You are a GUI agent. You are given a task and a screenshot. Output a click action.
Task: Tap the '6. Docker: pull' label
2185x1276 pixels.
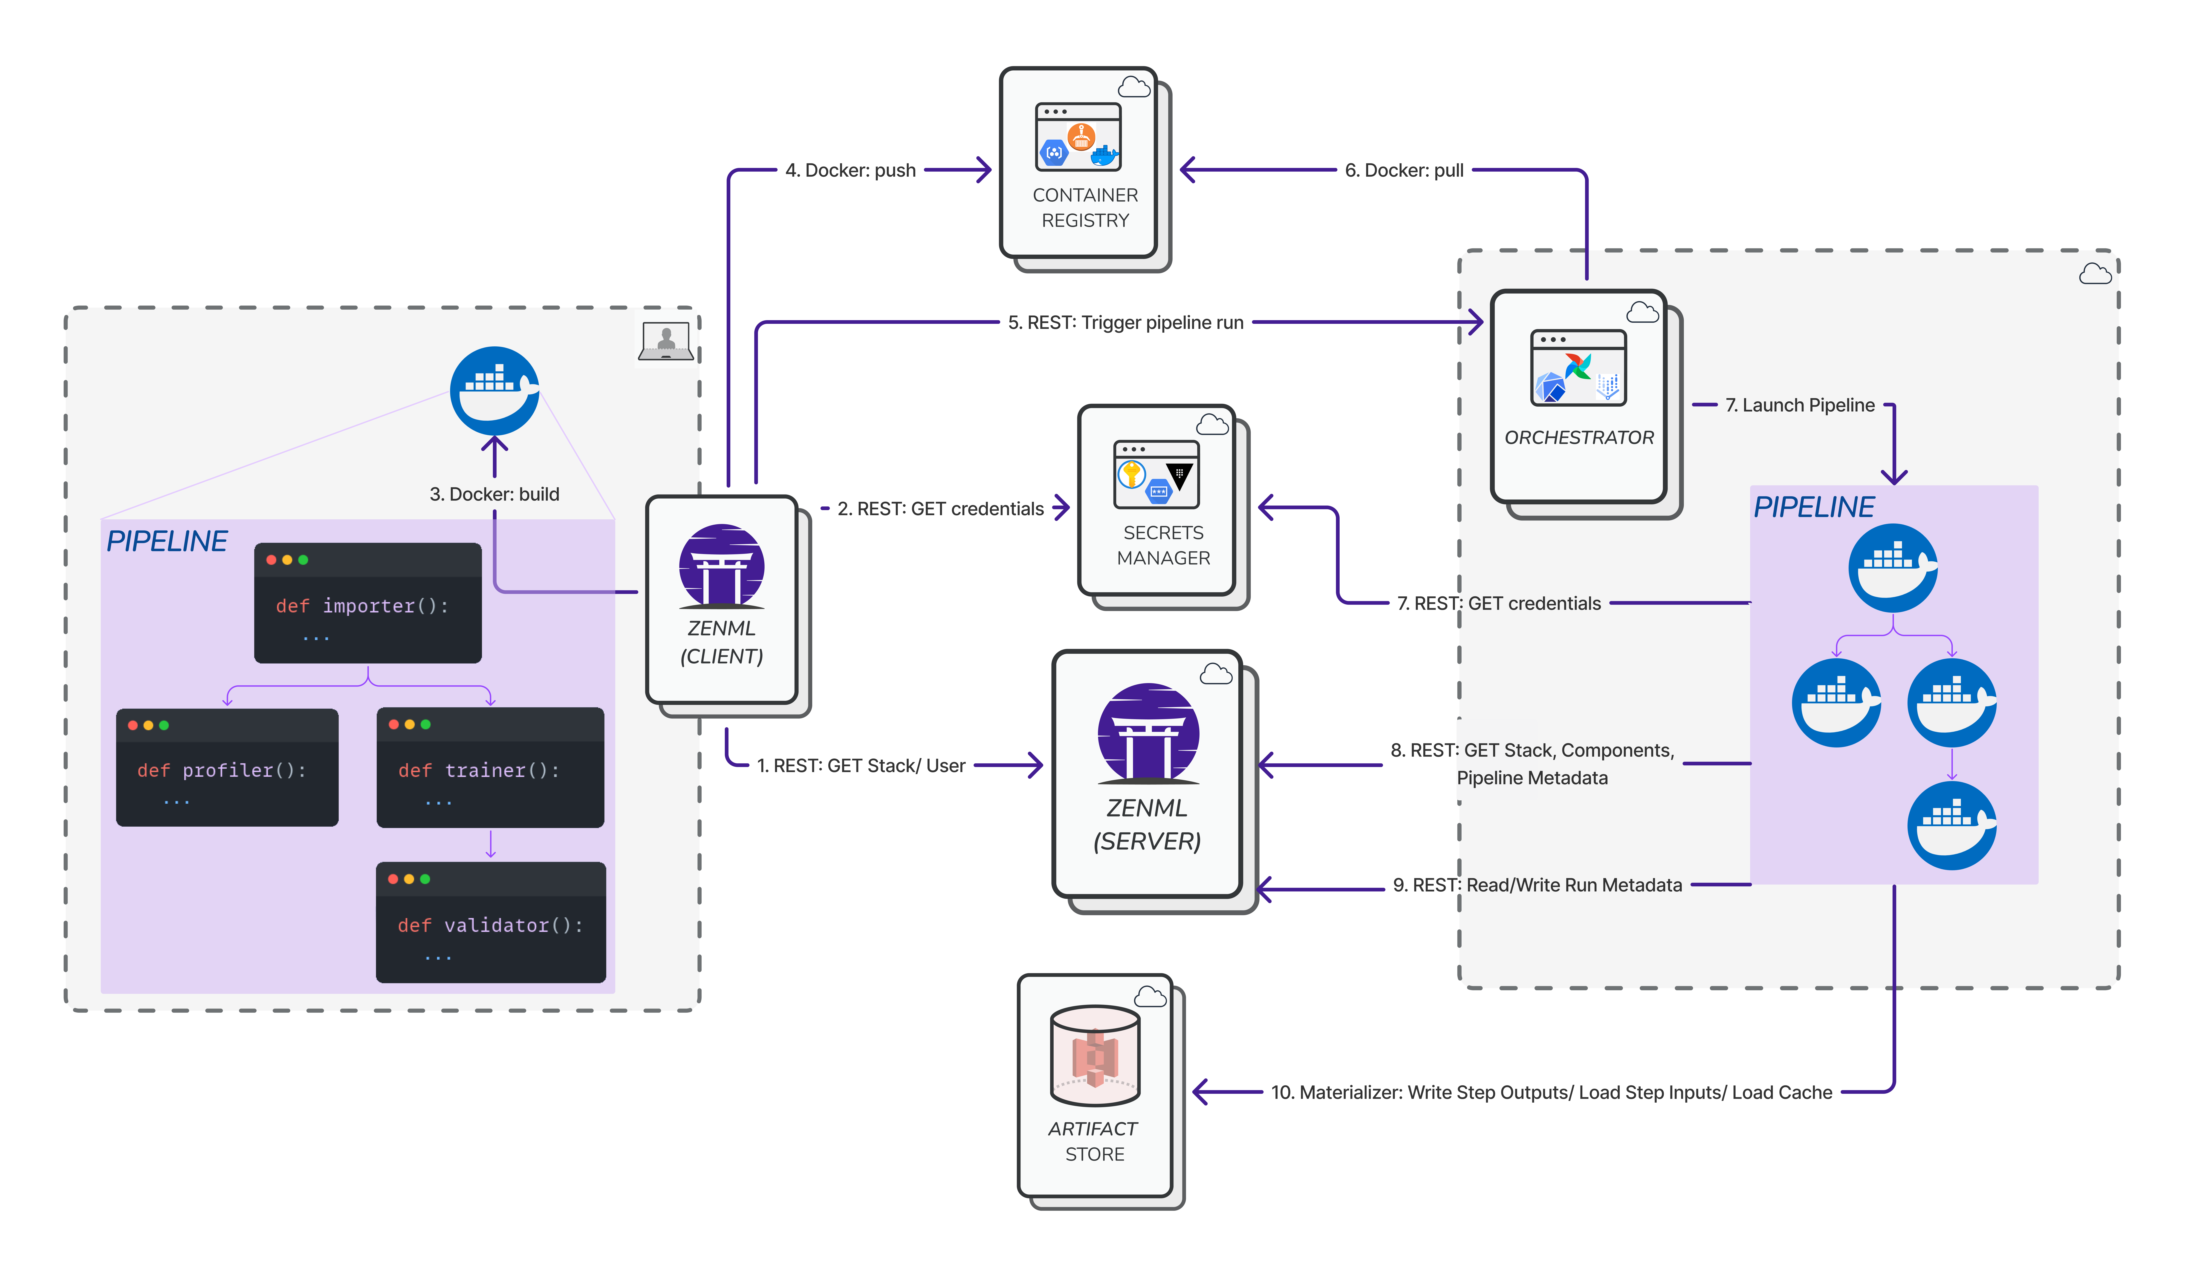1404,170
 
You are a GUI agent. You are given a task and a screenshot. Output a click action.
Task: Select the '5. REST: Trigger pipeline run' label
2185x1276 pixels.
1125,322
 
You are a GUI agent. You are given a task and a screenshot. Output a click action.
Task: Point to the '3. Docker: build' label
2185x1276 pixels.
494,494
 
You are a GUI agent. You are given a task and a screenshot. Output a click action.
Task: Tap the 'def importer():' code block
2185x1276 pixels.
368,603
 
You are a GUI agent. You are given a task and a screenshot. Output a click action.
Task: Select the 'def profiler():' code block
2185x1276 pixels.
227,767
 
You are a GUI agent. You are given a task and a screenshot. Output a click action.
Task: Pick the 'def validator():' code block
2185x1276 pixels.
491,922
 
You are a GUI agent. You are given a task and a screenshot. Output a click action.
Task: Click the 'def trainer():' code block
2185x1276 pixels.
491,767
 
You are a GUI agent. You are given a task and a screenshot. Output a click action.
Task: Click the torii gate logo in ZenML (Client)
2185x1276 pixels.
721,565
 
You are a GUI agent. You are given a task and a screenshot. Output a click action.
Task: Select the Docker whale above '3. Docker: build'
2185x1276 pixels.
494,391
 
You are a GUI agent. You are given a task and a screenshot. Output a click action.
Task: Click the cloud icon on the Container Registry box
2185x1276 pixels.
1134,87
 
